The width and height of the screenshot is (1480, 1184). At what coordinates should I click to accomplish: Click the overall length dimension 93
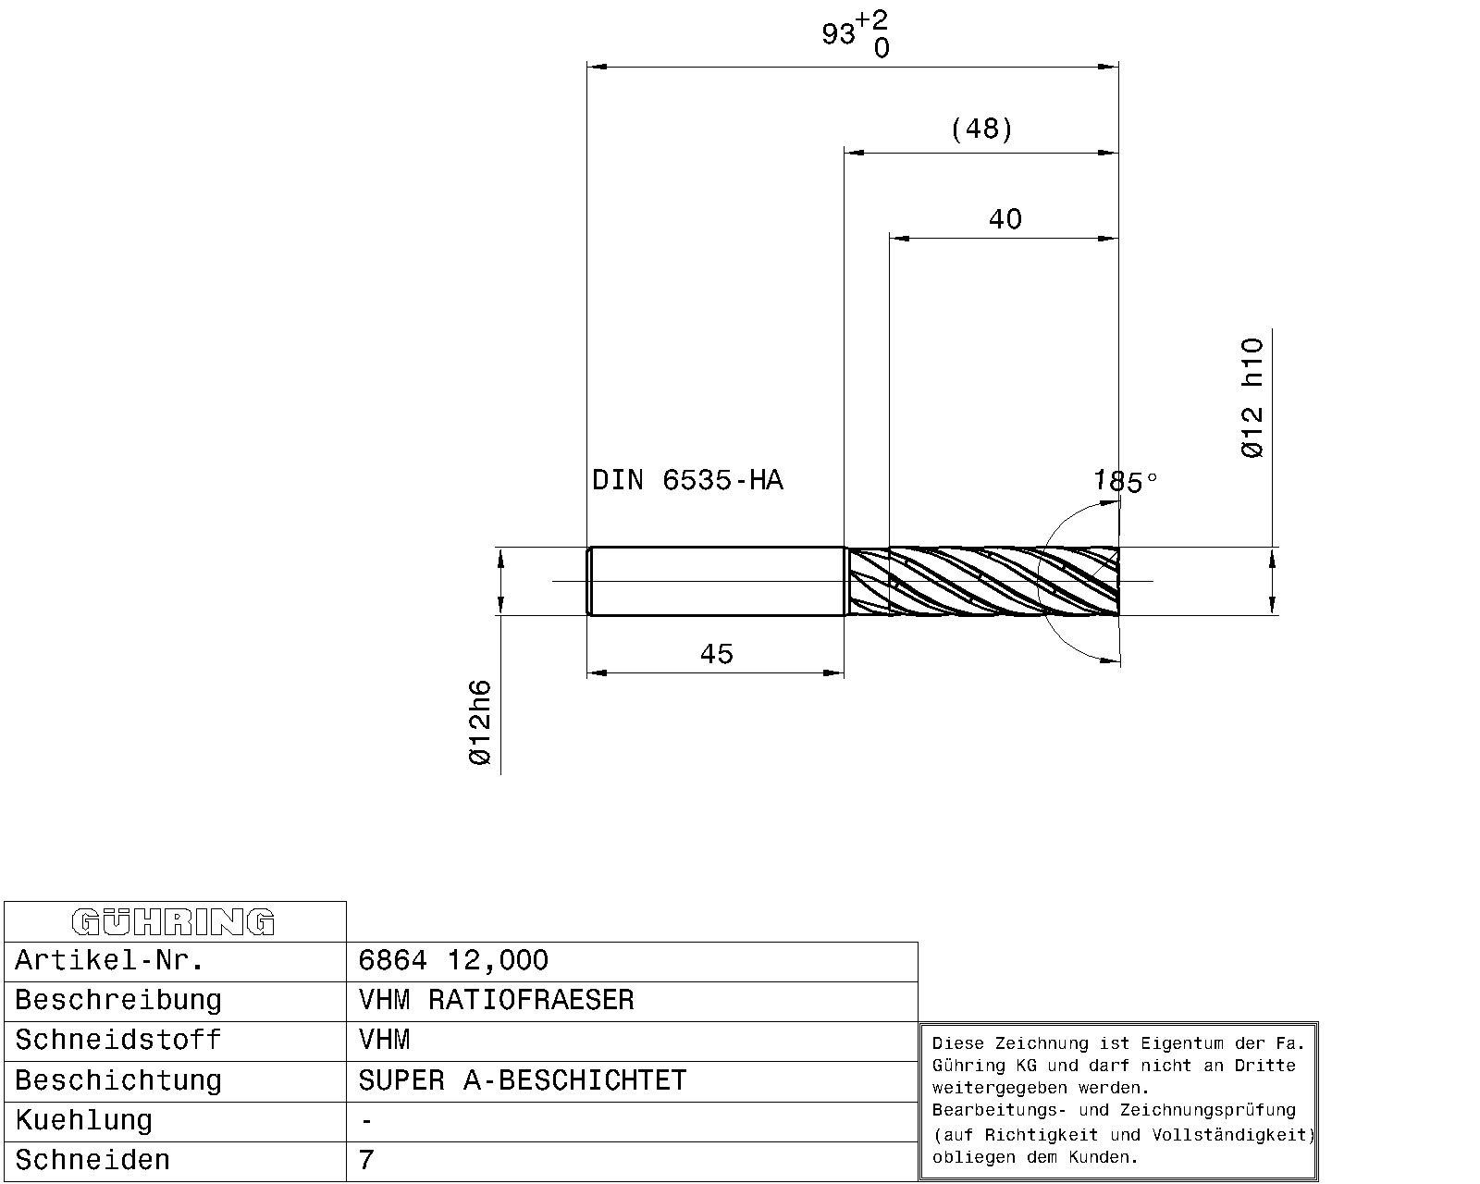(x=838, y=33)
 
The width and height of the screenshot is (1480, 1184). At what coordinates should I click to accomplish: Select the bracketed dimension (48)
(x=981, y=129)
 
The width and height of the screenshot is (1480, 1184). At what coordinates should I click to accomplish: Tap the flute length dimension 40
(x=1005, y=219)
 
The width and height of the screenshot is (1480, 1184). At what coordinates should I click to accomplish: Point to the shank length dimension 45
(x=717, y=653)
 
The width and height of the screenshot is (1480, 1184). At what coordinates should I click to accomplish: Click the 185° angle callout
(x=1125, y=481)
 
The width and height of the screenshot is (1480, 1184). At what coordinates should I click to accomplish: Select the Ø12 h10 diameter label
(x=1252, y=398)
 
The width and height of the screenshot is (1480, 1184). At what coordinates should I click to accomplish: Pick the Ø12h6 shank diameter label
(x=480, y=722)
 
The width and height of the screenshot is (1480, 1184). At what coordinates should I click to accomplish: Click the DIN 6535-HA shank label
(x=687, y=479)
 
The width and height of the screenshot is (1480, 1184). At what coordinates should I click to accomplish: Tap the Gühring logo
(x=173, y=922)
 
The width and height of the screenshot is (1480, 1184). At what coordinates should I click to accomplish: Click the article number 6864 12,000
(x=453, y=960)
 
